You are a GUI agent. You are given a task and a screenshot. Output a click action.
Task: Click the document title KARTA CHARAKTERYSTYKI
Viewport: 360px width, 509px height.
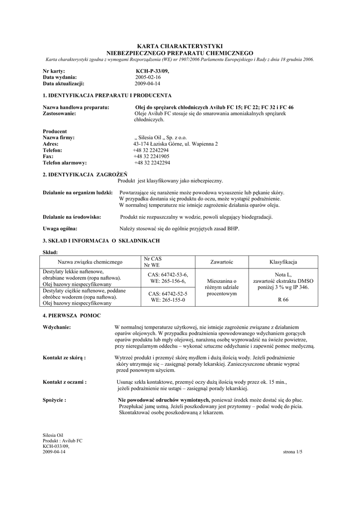click(180, 46)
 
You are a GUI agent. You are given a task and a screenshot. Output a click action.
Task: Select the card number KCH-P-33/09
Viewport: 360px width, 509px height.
click(149, 72)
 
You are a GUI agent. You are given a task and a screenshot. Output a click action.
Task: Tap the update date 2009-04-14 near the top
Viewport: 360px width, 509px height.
click(148, 84)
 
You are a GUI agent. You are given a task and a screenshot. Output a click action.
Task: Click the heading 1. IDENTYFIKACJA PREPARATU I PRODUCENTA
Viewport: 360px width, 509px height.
click(107, 95)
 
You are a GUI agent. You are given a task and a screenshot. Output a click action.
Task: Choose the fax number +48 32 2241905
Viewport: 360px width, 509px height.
click(150, 156)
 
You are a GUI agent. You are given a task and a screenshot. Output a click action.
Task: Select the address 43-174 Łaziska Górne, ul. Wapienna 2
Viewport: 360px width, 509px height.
click(172, 144)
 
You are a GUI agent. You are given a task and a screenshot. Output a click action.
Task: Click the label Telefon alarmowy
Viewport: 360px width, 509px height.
click(65, 163)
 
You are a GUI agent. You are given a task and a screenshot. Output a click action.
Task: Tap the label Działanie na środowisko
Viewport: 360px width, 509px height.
click(72, 217)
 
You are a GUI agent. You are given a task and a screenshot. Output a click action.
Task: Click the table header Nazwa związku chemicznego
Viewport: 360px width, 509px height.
click(90, 262)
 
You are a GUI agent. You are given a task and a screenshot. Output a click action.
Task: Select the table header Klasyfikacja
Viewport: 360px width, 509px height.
click(283, 262)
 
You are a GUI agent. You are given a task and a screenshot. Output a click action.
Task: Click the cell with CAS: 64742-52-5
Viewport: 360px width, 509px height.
click(168, 294)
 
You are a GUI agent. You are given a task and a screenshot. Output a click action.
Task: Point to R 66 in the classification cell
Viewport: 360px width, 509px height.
click(283, 300)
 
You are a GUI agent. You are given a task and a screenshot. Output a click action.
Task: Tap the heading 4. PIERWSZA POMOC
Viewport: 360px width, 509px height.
click(72, 316)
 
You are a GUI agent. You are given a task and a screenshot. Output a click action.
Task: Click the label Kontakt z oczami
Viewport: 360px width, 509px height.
click(65, 382)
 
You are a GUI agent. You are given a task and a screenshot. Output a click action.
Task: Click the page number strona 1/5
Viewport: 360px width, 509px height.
click(292, 452)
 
